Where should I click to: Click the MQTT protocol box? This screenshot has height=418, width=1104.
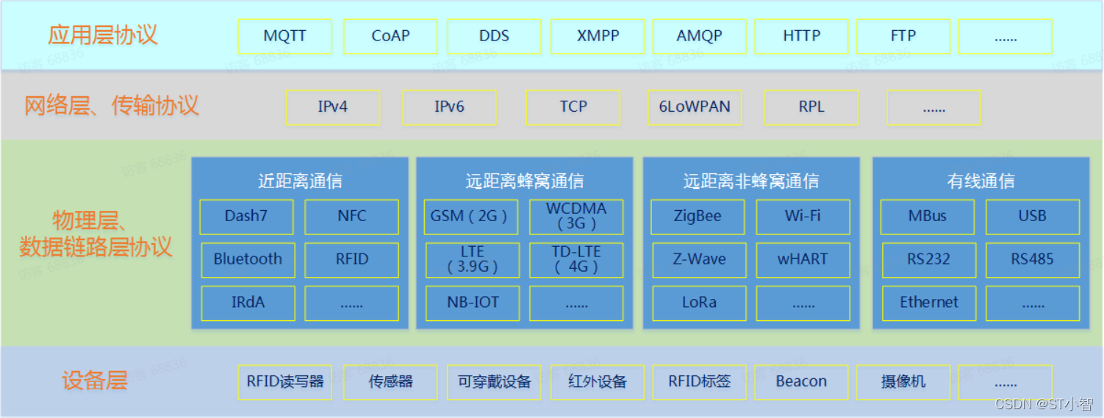coord(284,36)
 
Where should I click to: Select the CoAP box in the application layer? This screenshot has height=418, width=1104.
coord(390,36)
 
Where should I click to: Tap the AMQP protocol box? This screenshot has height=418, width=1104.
coord(699,36)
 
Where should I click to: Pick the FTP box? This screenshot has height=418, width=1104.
coord(903,36)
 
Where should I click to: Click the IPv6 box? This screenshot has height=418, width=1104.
coord(449,107)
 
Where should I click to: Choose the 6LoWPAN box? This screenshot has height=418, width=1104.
coord(695,107)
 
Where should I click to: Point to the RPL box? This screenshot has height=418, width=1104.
coord(811,107)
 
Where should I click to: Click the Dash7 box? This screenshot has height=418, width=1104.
coord(246,216)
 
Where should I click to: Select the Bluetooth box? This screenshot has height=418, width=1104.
coord(248,259)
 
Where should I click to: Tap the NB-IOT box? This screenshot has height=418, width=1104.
coord(473,303)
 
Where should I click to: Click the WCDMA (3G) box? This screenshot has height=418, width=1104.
coord(576,216)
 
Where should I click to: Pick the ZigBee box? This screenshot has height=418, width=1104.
coord(698,216)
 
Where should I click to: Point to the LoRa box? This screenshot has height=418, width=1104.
coord(699,303)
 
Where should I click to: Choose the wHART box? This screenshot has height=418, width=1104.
coord(803,259)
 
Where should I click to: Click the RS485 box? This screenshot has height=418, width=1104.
coord(1032,259)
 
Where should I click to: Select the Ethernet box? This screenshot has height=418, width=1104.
coord(929,303)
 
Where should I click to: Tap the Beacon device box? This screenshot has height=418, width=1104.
coord(801,382)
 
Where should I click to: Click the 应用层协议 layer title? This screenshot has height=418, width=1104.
coord(103,35)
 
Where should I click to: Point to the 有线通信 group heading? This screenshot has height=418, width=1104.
coord(981,181)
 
